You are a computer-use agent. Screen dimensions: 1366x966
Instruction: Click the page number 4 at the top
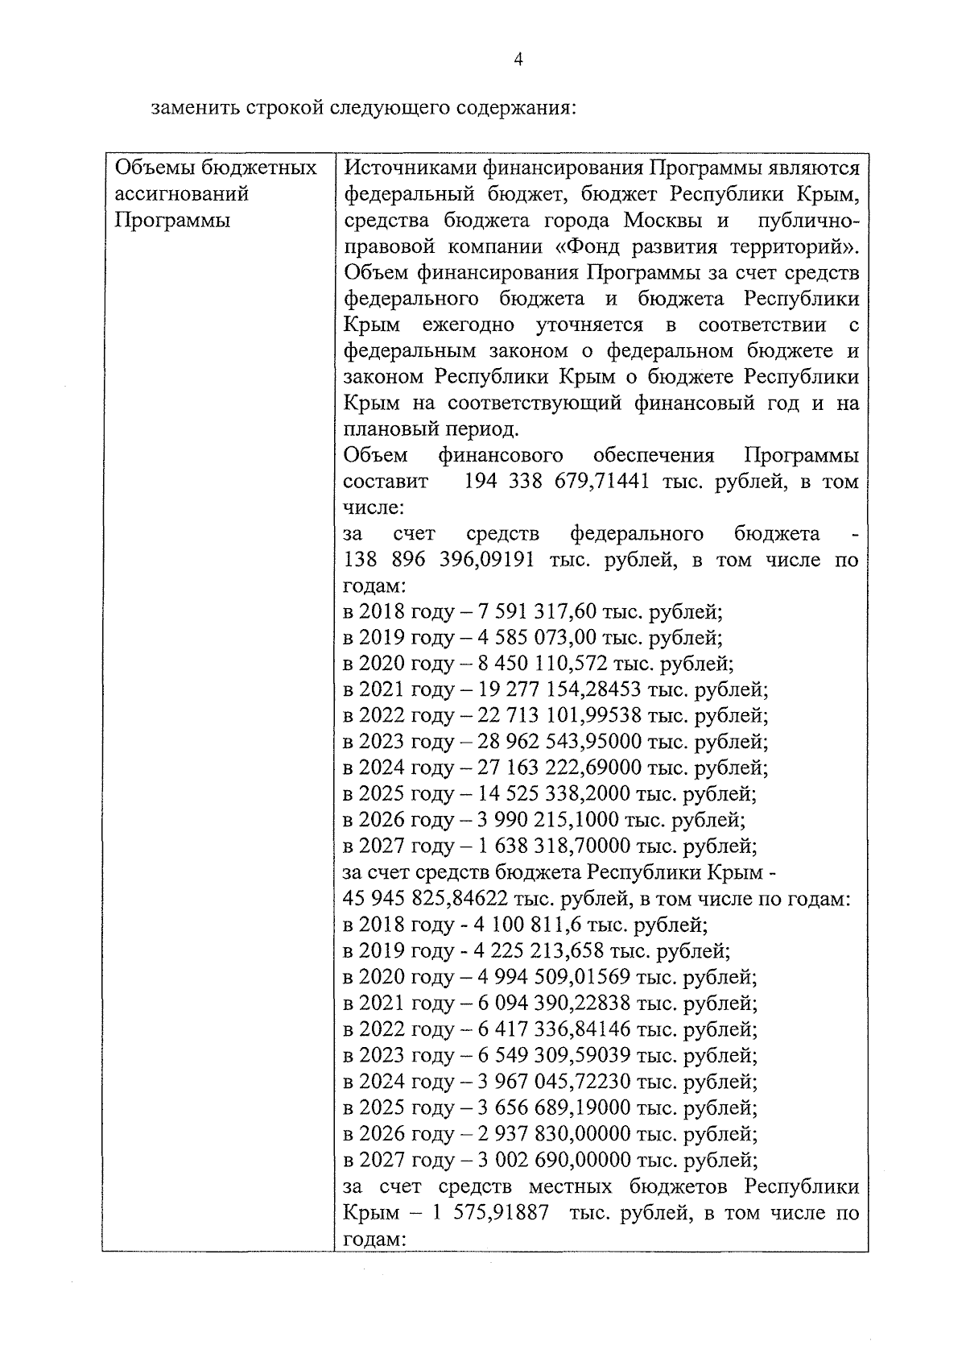pyautogui.click(x=518, y=60)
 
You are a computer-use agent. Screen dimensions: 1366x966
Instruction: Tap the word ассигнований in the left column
pyautogui.click(x=182, y=193)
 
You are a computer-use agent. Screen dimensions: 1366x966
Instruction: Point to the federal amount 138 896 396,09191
pyautogui.click(x=439, y=560)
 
